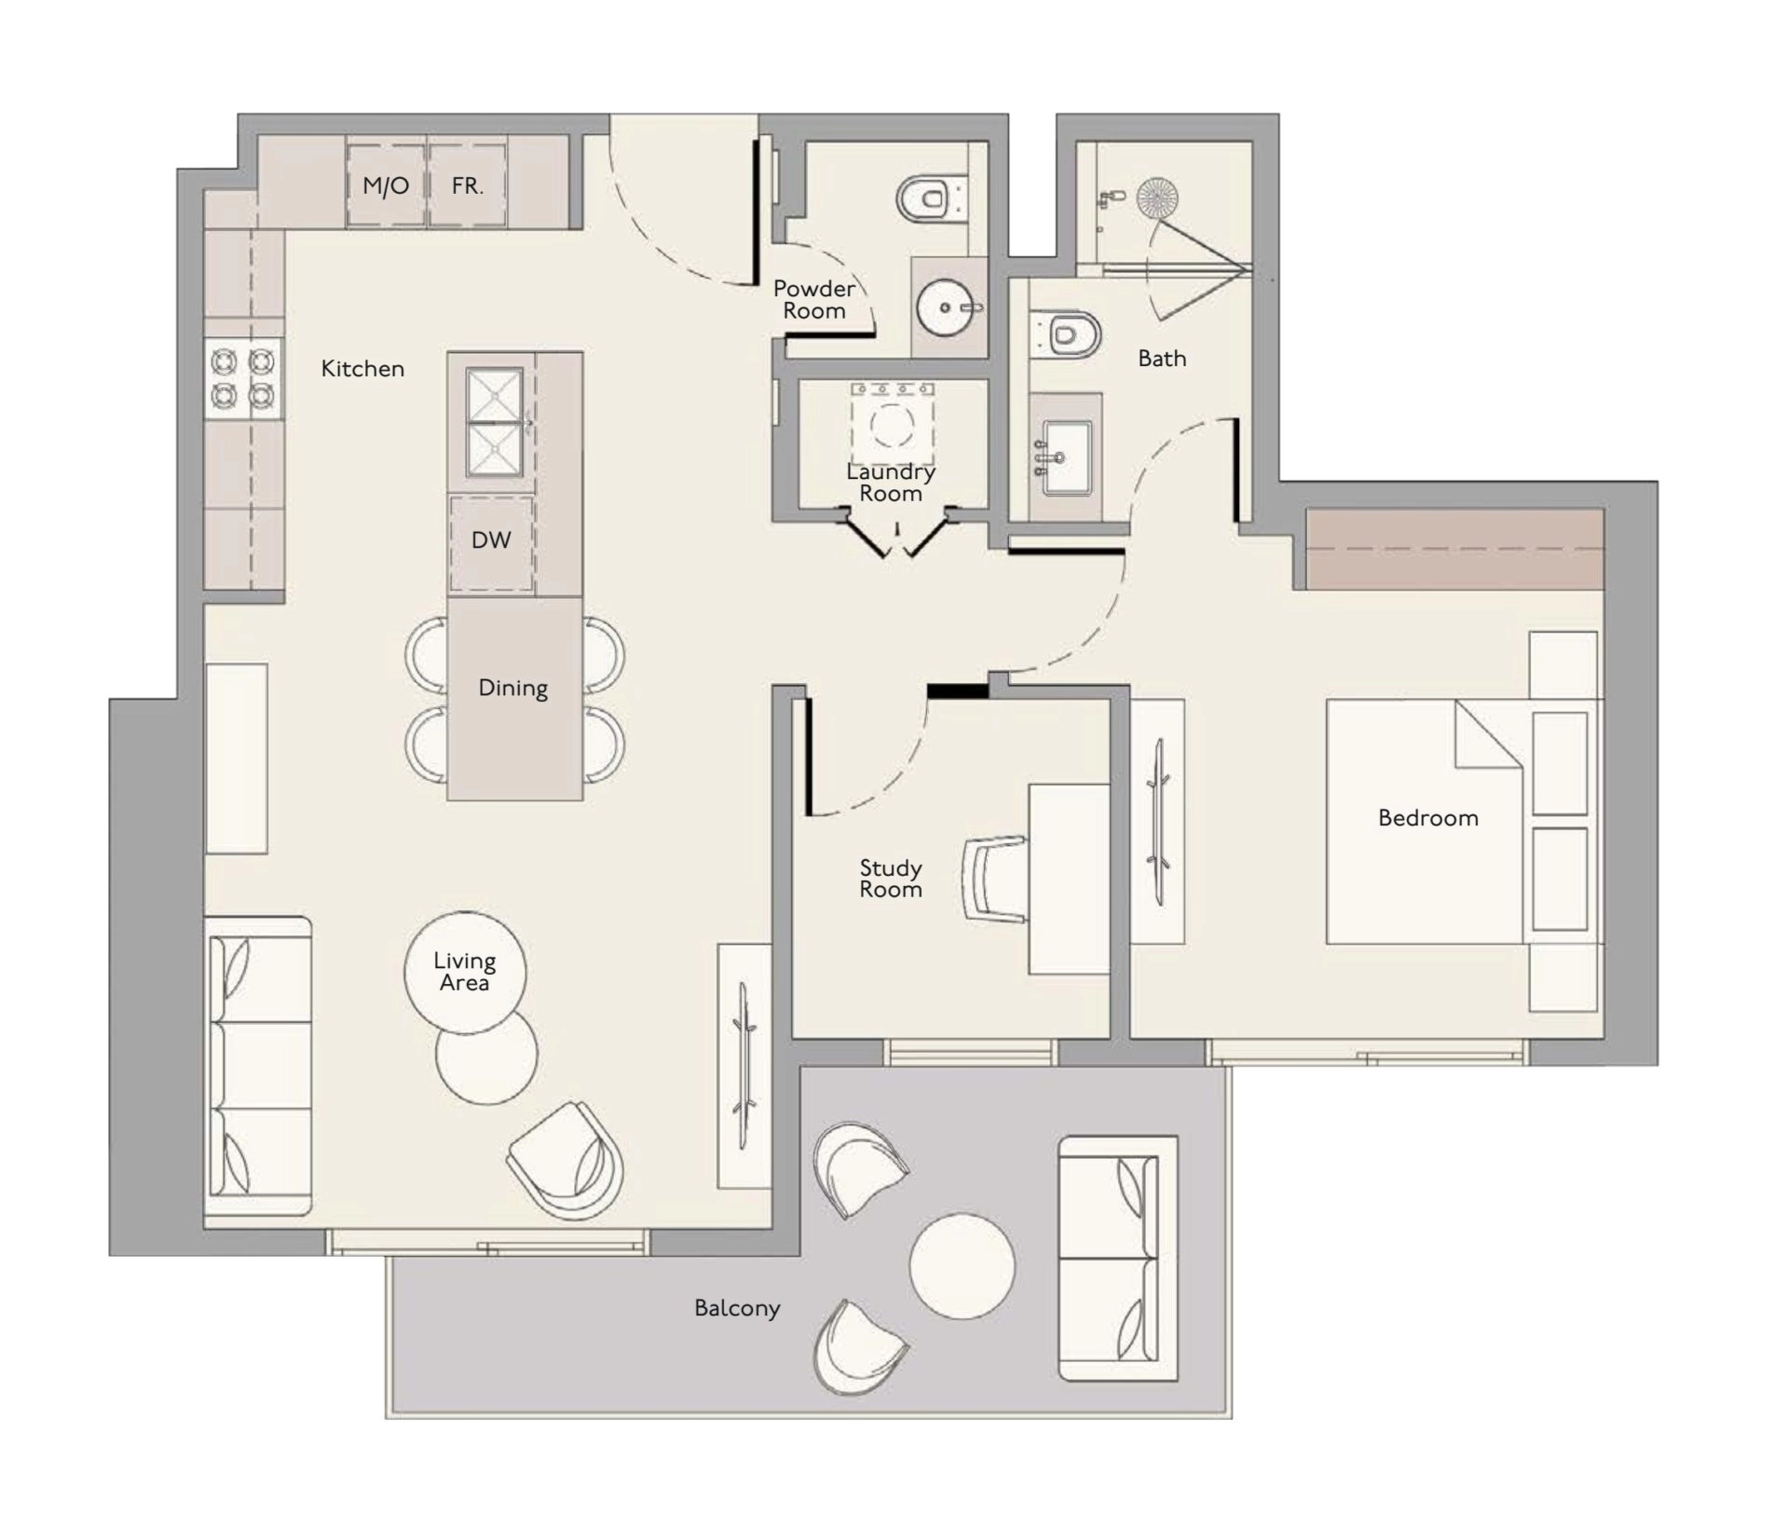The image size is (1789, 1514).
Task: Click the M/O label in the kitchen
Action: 386,185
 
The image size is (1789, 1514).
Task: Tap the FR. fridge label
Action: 467,185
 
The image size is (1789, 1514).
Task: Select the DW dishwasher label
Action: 491,540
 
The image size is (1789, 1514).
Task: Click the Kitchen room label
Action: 362,369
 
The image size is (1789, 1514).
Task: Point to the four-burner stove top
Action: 242,378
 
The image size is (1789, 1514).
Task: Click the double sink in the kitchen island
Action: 495,422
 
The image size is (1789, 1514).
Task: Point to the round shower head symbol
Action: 1157,198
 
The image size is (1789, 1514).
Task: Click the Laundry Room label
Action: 891,483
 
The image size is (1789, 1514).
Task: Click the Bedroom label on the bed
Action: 1427,818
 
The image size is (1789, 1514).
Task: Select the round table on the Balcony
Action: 962,1265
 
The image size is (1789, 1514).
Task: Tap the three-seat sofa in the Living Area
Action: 257,1066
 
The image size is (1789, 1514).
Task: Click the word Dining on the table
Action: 512,689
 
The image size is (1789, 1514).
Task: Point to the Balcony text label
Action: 737,1308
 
